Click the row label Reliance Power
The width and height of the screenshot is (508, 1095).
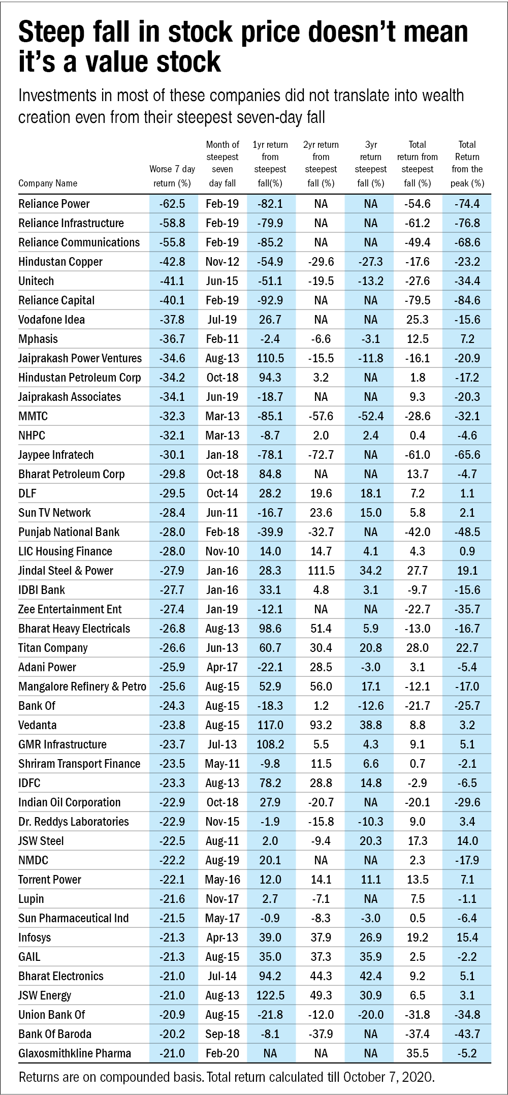[x=54, y=204]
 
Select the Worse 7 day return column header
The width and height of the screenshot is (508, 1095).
[x=172, y=176]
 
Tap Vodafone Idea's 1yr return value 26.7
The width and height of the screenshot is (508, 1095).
[x=270, y=320]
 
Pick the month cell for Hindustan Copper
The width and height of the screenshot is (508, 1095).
[x=222, y=262]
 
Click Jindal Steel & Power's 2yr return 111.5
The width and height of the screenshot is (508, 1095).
[x=321, y=571]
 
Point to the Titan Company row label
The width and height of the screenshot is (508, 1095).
[x=53, y=648]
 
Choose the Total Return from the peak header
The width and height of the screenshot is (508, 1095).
[x=467, y=164]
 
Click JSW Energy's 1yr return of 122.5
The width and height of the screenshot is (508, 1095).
[x=270, y=995]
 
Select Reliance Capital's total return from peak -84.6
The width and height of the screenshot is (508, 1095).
[x=467, y=300]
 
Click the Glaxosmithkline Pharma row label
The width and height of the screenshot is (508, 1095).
[x=75, y=1053]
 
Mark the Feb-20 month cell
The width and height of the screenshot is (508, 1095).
[x=222, y=1053]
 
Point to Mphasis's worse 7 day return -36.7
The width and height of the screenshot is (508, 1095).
[x=172, y=339]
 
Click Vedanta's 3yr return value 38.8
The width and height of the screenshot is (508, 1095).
[x=371, y=725]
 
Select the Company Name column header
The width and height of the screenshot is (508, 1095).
[x=48, y=183]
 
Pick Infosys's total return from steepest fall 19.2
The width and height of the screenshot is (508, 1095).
[x=418, y=937]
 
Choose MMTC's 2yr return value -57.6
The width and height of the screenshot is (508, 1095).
[x=321, y=416]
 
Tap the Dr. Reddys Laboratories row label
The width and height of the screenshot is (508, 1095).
[x=74, y=822]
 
